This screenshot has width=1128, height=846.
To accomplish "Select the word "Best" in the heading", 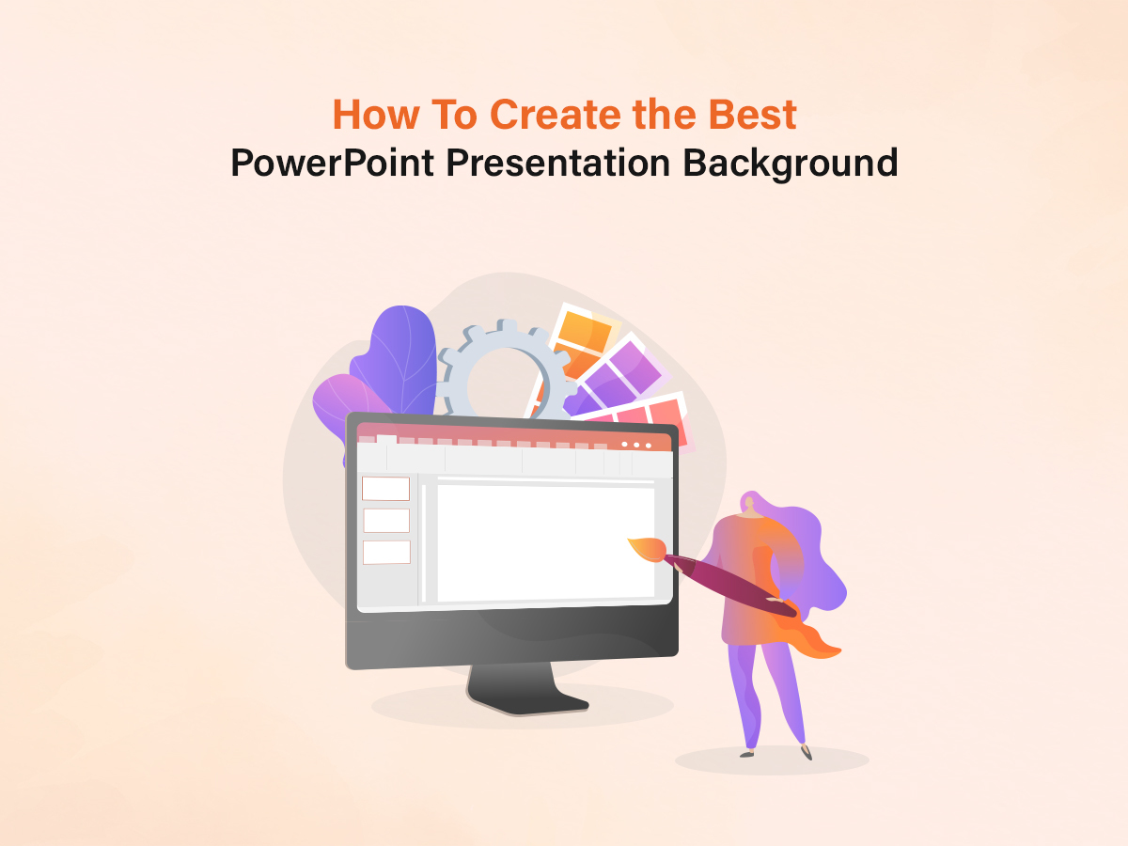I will [x=752, y=115].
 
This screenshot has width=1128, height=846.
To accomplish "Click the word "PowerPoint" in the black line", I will [x=333, y=164].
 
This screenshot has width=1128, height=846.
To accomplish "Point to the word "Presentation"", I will [x=558, y=164].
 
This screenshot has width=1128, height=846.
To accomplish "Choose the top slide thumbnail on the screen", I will [x=385, y=489].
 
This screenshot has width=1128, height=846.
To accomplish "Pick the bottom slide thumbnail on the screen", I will [x=386, y=552].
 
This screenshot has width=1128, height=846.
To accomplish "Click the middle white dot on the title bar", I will [x=636, y=445].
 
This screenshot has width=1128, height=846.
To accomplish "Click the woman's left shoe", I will [x=747, y=752].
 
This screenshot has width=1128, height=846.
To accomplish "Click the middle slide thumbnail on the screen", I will [x=386, y=520].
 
